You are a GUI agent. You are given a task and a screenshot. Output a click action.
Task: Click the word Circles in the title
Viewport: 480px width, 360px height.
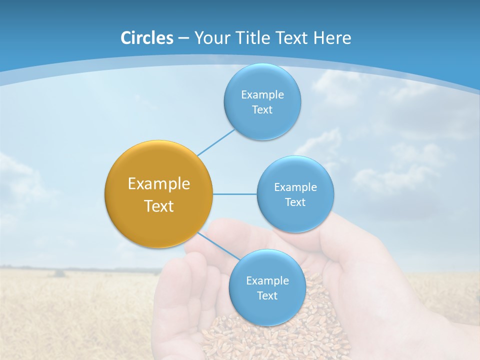146,38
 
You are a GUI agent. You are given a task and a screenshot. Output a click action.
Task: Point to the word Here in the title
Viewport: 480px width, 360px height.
332,38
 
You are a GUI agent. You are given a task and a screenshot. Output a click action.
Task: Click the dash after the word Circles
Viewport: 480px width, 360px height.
183,38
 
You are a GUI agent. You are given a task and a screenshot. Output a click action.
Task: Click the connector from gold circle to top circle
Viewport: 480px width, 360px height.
216,142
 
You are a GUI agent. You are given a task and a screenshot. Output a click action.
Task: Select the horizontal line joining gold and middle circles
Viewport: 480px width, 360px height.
234,194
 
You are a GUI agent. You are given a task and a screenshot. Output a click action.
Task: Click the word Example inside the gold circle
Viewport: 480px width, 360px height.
159,184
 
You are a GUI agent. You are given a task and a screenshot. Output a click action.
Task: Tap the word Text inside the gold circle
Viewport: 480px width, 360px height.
159,206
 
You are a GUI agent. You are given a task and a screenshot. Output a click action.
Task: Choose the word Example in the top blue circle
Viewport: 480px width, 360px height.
262,94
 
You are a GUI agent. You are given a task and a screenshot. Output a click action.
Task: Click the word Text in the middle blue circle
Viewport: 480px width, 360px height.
295,202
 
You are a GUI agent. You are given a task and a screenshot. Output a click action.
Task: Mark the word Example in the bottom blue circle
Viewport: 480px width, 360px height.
267,280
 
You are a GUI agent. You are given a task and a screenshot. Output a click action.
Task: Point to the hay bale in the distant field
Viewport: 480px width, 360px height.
59,273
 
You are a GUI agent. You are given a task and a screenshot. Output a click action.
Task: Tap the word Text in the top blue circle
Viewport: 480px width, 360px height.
262,109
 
